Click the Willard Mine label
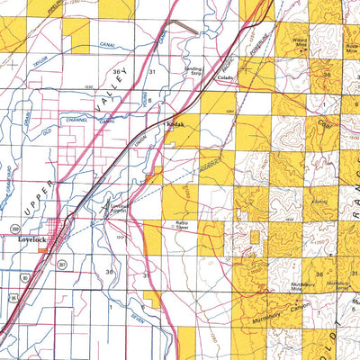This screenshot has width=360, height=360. (300, 40)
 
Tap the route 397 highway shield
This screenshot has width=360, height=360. (61, 262)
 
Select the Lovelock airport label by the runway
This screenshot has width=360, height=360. (120, 208)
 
